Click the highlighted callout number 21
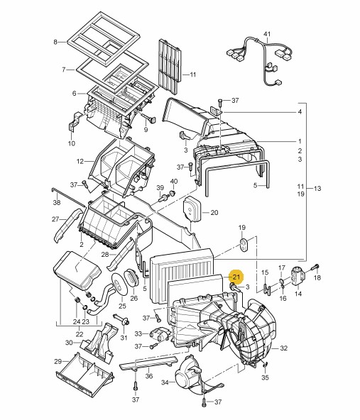pyautogui.click(x=236, y=276)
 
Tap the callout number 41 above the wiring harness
pyautogui.click(x=267, y=34)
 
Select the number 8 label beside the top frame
pyautogui.click(x=55, y=42)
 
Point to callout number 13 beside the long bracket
pyautogui.click(x=317, y=189)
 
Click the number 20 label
pyautogui.click(x=214, y=213)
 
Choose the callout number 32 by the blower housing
pyautogui.click(x=284, y=348)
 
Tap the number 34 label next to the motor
pyautogui.click(x=165, y=382)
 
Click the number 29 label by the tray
pyautogui.click(x=58, y=362)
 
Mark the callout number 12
pyautogui.click(x=80, y=162)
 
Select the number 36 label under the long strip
pyautogui.click(x=149, y=376)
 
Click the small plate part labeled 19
pyautogui.click(x=244, y=245)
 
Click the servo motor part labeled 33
pyautogui.click(x=160, y=335)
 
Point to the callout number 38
pyautogui.click(x=57, y=202)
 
